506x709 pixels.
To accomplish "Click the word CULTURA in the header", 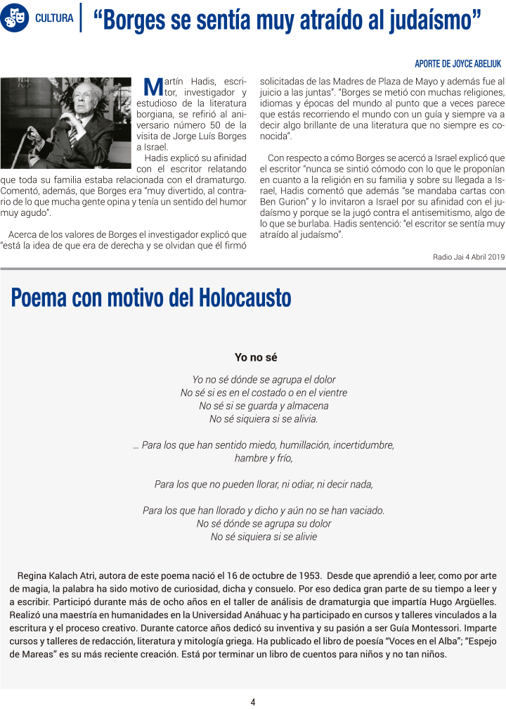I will tap(54, 18).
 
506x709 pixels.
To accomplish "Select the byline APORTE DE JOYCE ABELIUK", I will tap(458, 63).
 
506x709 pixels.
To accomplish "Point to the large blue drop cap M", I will tap(153, 87).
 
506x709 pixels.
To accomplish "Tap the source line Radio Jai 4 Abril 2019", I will tap(469, 257).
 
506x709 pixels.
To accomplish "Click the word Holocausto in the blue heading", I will tap(245, 298).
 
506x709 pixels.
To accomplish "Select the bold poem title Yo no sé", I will tap(256, 357).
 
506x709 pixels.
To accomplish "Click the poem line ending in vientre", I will tap(264, 392).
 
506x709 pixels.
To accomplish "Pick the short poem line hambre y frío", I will tap(264, 458).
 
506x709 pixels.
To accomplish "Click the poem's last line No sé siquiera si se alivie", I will tap(264, 537).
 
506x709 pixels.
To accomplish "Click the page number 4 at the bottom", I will tap(253, 701).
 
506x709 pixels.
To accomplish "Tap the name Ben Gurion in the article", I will tap(286, 200).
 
